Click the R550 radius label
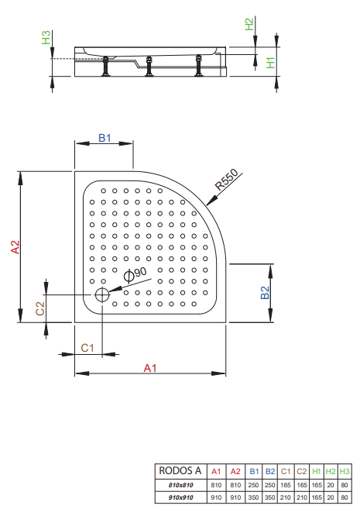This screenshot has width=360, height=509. [227, 180]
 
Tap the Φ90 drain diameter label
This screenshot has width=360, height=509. [135, 274]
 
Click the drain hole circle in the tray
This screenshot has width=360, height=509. [102, 294]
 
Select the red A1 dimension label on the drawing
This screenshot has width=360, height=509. [150, 368]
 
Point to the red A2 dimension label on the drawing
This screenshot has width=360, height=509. [15, 246]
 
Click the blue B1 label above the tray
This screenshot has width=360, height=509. [105, 138]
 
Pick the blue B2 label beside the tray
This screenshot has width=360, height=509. [265, 293]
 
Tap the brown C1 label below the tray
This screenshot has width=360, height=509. [87, 348]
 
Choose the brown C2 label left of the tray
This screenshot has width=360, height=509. [40, 308]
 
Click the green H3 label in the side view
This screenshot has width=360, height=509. [46, 37]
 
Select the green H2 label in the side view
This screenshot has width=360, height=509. [249, 24]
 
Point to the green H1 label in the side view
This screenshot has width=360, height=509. [270, 63]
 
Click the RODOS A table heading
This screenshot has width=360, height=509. [180, 470]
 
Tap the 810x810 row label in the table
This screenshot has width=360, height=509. [180, 485]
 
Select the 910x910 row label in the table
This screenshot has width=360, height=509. [180, 497]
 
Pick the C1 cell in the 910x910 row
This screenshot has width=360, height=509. [286, 497]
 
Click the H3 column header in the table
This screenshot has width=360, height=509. [345, 471]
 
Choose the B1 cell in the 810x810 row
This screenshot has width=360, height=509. [253, 485]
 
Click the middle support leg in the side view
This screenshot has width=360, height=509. [149, 66]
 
